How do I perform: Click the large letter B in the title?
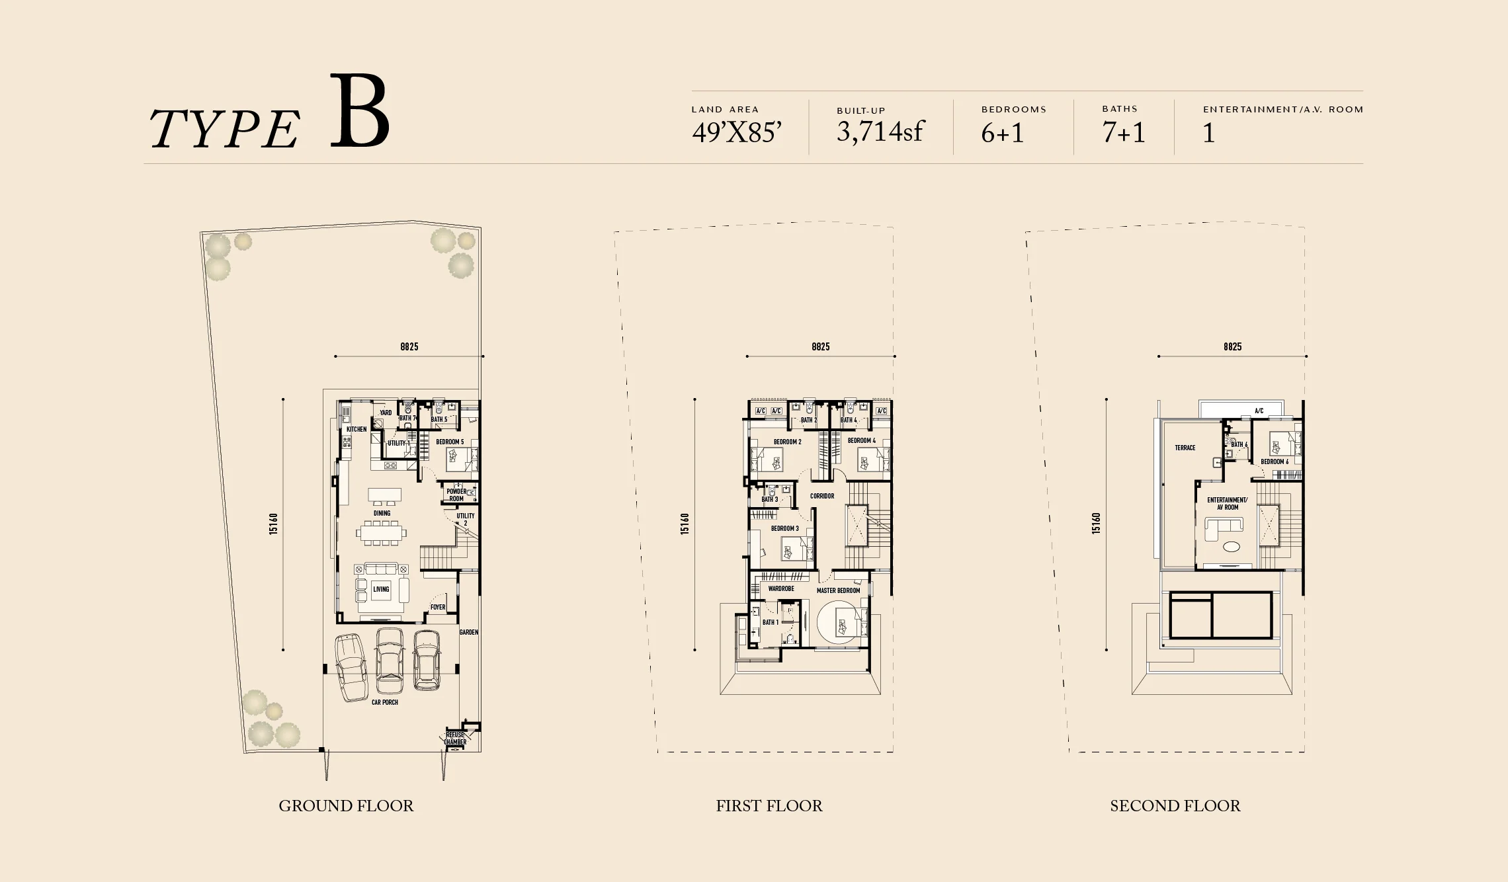pyautogui.click(x=359, y=112)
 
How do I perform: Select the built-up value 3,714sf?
pyautogui.click(x=879, y=132)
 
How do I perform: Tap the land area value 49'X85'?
pyautogui.click(x=737, y=133)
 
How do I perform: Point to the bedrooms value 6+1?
pyautogui.click(x=1002, y=133)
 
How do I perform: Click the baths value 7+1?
pyautogui.click(x=1123, y=133)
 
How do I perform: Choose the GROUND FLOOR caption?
pyautogui.click(x=346, y=805)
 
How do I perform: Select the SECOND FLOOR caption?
pyautogui.click(x=1175, y=805)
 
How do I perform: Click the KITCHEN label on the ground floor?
pyautogui.click(x=356, y=429)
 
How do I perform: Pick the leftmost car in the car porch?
pyautogui.click(x=351, y=666)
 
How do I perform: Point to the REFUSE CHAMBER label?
pyautogui.click(x=455, y=738)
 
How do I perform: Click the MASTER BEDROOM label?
pyautogui.click(x=838, y=590)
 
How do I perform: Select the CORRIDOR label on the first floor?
pyautogui.click(x=821, y=496)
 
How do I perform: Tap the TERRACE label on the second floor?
pyautogui.click(x=1185, y=448)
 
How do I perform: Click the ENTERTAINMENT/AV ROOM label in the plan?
pyautogui.click(x=1227, y=503)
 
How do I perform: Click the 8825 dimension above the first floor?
pyautogui.click(x=820, y=346)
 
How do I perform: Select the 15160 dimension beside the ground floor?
pyautogui.click(x=274, y=524)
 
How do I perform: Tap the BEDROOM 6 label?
pyautogui.click(x=1274, y=461)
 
